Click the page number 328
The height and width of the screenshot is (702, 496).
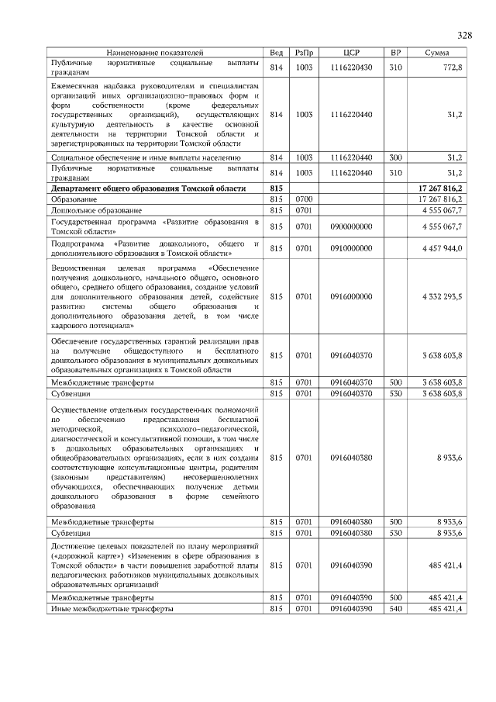tap(464, 35)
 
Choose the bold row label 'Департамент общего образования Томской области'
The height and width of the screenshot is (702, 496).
tap(148, 188)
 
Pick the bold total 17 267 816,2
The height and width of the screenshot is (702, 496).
tap(440, 188)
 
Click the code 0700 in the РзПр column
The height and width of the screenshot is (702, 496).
tap(303, 199)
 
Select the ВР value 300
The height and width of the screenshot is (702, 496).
tap(395, 157)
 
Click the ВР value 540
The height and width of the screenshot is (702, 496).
tap(395, 609)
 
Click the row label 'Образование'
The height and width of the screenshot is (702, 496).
tap(74, 199)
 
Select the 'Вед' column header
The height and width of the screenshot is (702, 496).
tap(276, 53)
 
